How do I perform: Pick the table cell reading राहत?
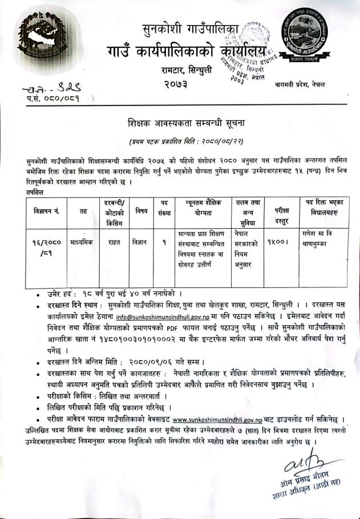114,241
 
